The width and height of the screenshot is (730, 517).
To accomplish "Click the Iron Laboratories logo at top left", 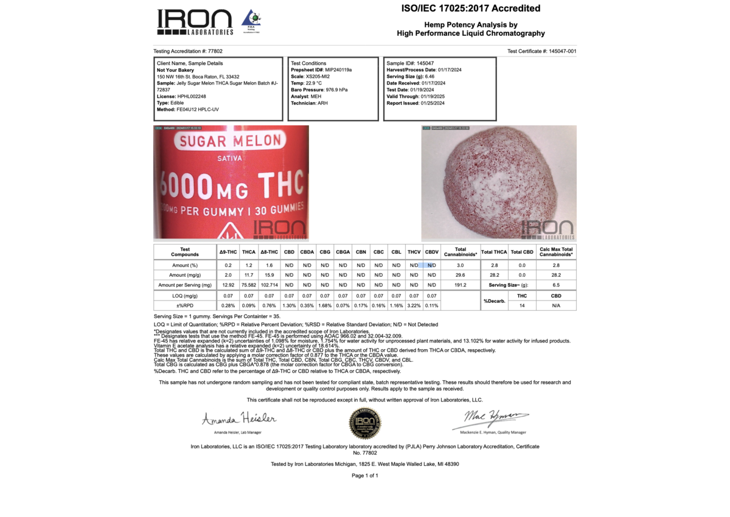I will click(x=195, y=22).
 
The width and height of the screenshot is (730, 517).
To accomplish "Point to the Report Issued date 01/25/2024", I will click(x=432, y=103).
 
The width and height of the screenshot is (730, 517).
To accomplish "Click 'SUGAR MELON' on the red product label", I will click(x=230, y=142).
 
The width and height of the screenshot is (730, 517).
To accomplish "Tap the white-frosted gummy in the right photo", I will click(x=499, y=182).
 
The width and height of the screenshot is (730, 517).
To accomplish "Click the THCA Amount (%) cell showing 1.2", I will click(x=249, y=265).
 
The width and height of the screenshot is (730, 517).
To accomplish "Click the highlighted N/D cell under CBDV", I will click(x=432, y=265).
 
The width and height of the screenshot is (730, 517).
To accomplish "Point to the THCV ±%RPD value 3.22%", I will click(x=414, y=305).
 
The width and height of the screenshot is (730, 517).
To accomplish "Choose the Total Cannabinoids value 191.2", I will click(x=461, y=285).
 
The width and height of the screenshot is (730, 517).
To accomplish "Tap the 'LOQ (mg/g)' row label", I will click(x=185, y=296).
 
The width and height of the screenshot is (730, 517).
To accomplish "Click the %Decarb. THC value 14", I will click(x=521, y=305).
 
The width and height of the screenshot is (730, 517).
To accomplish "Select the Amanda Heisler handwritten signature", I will click(x=239, y=419).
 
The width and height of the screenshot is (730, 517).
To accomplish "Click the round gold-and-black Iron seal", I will click(x=364, y=423).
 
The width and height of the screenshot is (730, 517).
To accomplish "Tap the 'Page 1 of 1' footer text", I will click(x=364, y=476).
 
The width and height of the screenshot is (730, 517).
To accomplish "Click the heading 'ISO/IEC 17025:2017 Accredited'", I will click(x=471, y=9).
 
